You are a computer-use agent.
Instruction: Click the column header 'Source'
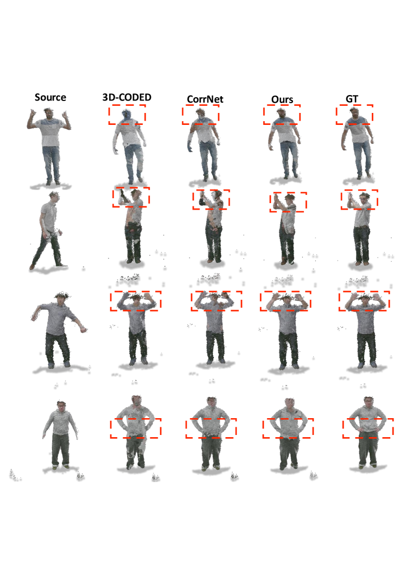click(x=50, y=97)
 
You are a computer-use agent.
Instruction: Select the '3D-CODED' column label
click(x=127, y=97)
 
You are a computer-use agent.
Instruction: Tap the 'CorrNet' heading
click(x=205, y=99)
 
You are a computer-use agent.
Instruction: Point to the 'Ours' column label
click(x=282, y=99)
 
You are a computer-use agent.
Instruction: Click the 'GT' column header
click(x=352, y=99)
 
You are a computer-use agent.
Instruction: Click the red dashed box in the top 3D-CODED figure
click(x=127, y=105)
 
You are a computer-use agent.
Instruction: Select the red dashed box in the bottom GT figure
click(x=368, y=419)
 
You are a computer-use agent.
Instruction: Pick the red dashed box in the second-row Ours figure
click(x=288, y=193)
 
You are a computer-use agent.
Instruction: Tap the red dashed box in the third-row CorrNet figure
click(x=217, y=292)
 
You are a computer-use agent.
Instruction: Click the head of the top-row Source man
click(x=48, y=112)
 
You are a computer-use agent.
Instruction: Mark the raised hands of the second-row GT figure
click(x=350, y=198)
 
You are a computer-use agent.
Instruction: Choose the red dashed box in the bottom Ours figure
click(x=288, y=419)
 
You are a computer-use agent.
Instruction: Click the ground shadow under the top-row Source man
click(x=50, y=186)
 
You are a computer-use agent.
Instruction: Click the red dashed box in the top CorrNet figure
click(x=201, y=105)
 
